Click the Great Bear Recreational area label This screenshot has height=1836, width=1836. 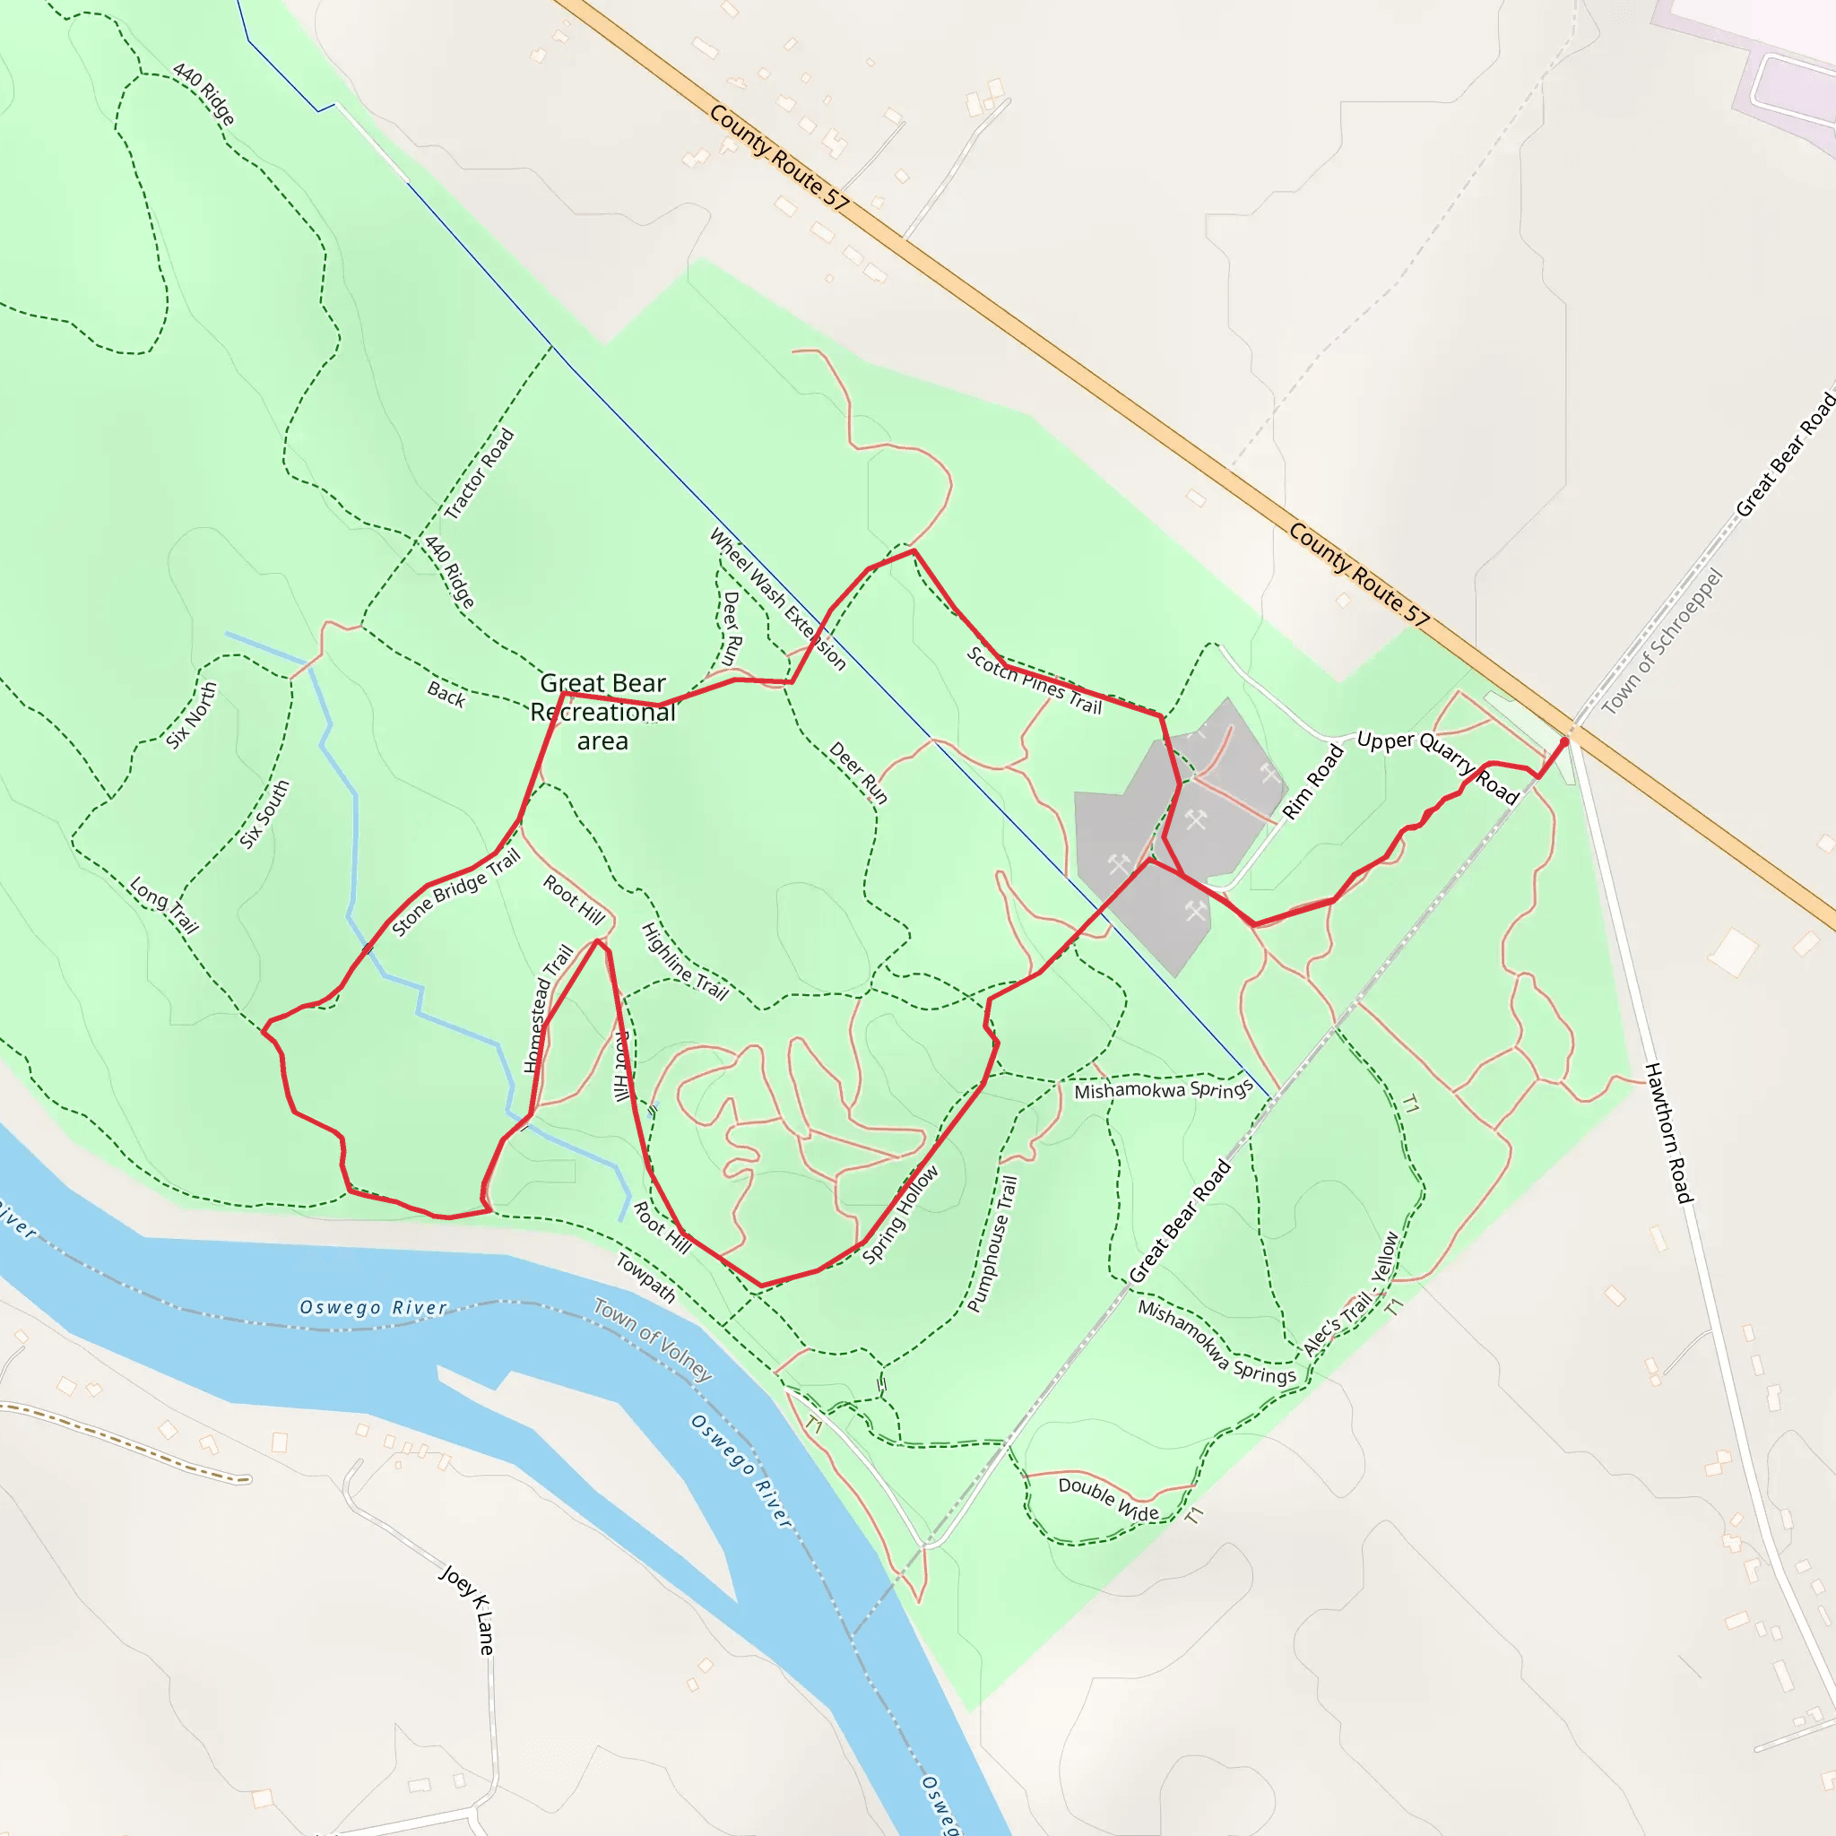[x=602, y=711]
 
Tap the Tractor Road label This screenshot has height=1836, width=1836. [x=479, y=473]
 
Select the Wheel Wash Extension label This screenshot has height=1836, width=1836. [x=777, y=600]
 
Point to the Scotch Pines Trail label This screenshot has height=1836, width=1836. [x=1034, y=680]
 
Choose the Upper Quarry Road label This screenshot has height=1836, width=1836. [x=1438, y=766]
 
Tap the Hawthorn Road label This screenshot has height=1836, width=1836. [x=1668, y=1132]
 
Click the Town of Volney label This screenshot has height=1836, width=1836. [x=653, y=1339]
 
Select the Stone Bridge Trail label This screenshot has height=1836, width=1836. [x=456, y=892]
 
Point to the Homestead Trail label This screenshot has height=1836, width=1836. [x=549, y=1009]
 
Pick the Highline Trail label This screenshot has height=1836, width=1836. [x=684, y=962]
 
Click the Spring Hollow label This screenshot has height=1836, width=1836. [x=900, y=1216]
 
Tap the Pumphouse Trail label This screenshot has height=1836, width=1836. [x=992, y=1243]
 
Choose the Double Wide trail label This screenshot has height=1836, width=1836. [x=1108, y=1499]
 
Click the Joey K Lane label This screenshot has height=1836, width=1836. [x=468, y=1609]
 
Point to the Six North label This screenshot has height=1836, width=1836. [x=192, y=715]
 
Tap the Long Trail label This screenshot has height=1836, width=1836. [x=164, y=905]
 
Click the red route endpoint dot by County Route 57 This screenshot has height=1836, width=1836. [x=1564, y=742]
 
